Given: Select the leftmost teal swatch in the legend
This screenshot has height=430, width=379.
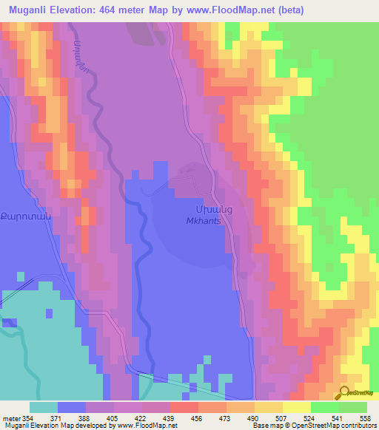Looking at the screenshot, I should tap(43, 407).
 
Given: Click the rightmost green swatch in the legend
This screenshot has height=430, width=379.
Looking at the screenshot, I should tap(352, 407).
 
